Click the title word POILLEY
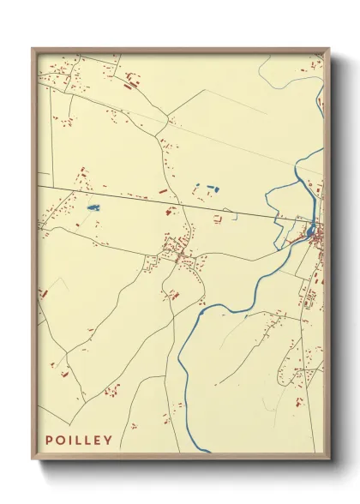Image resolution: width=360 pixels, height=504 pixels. pos(79,441)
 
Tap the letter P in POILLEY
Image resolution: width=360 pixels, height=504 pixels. pos(50,441)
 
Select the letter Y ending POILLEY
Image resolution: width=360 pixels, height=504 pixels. pos(108,441)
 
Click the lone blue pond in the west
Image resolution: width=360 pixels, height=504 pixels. pos(92,207)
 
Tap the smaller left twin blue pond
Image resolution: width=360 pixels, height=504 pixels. pos(197,186)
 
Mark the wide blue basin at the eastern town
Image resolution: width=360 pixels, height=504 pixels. pos(310,231)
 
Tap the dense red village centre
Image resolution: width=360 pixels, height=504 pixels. pos(181,253)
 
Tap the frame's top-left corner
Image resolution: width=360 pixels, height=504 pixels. pos(33,50)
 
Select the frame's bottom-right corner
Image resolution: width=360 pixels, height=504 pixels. pos(328,456)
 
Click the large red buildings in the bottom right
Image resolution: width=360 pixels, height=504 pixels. pos(299,400)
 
